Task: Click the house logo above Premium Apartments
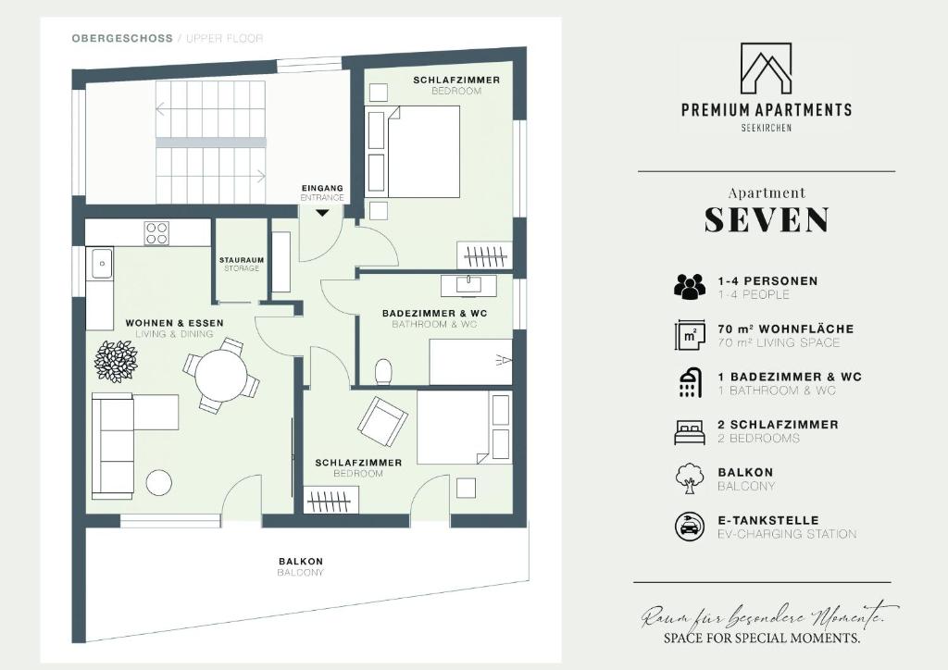point(766,68)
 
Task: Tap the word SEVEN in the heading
point(767,220)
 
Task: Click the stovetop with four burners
point(156,233)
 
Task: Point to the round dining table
point(221,374)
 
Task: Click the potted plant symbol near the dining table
point(115,361)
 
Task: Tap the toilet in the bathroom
point(383,372)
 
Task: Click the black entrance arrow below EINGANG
point(321,212)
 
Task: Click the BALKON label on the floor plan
point(301,561)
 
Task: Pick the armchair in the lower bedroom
point(383,420)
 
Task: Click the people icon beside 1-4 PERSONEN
point(690,286)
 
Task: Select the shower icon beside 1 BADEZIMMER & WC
point(690,382)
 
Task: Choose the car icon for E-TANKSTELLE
point(690,527)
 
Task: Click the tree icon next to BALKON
point(690,478)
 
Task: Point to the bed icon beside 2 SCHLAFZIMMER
point(690,431)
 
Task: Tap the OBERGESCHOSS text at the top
point(122,39)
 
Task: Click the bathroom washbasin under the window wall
point(468,285)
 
